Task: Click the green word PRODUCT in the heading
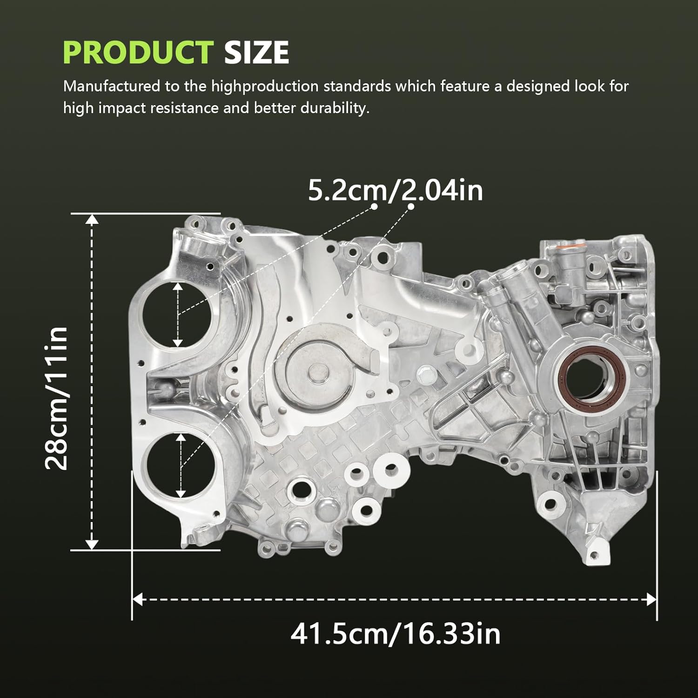point(138,52)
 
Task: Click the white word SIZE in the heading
point(256,52)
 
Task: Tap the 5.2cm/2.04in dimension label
point(396,191)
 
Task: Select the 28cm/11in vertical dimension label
point(57,398)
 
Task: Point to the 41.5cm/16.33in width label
point(396,634)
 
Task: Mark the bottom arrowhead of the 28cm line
point(92,544)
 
